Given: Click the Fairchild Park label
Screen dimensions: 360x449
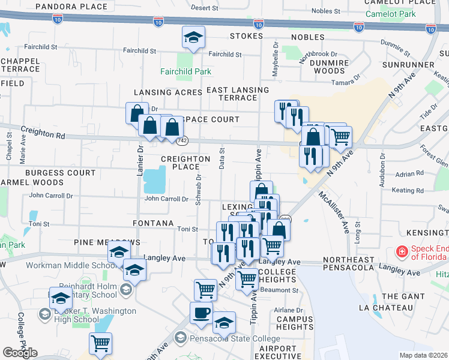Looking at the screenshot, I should (185, 71).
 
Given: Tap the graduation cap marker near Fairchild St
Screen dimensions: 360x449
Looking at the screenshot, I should (193, 37).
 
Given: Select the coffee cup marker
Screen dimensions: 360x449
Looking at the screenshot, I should (201, 313).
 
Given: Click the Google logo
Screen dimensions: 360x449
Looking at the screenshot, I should (20, 352).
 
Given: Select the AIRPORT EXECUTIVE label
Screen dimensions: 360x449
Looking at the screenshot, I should (278, 352).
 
